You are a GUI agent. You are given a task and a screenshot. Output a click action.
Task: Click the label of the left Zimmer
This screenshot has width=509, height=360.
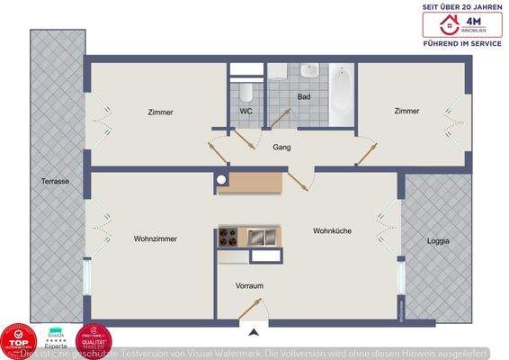[160, 112]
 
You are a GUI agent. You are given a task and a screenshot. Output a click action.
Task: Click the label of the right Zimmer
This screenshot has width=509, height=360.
[406, 111]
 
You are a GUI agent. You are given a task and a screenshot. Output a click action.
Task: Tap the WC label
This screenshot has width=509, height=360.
[246, 112]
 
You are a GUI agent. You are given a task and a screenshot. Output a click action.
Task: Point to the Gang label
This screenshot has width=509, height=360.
[281, 147]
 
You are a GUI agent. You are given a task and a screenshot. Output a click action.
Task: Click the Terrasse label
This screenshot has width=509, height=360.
[55, 181]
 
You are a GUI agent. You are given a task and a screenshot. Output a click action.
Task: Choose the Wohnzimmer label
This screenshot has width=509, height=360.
[155, 238]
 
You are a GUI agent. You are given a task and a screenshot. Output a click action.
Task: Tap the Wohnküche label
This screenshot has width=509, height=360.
[332, 230]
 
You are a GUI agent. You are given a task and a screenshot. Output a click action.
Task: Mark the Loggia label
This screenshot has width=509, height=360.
[437, 241]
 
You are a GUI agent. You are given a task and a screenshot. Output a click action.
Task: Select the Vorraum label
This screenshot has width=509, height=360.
[249, 285]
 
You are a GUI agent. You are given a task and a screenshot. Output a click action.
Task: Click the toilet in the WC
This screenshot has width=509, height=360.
[246, 90]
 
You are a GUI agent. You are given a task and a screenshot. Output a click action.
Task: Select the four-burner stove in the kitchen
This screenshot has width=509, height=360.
[231, 237]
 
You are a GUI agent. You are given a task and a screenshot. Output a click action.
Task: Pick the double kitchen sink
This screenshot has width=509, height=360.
[262, 237]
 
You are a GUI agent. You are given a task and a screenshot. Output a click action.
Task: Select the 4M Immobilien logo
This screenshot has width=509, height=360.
[462, 24]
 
